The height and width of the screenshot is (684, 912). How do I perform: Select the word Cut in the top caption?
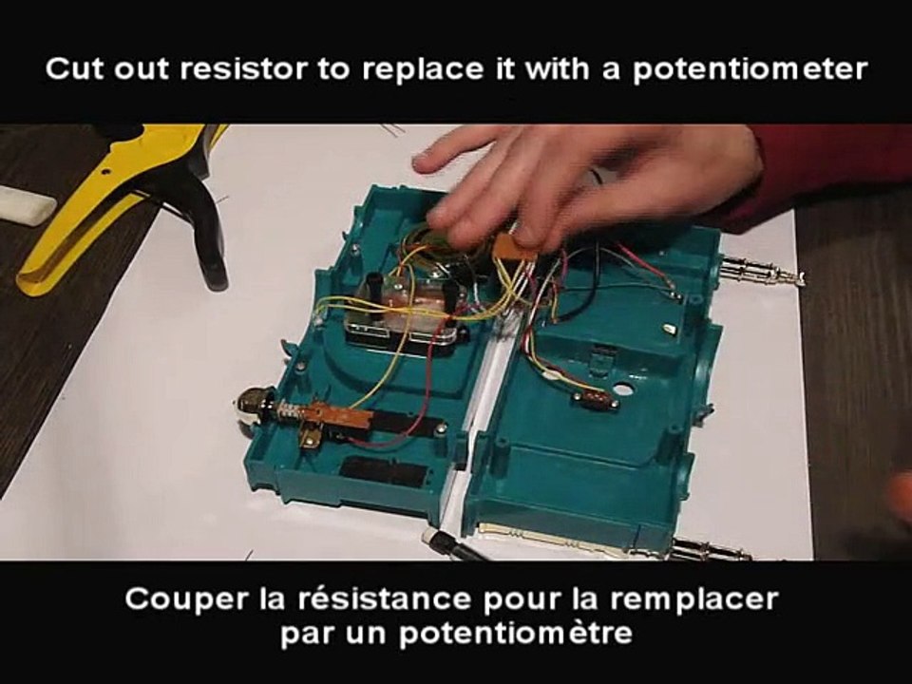point(75,69)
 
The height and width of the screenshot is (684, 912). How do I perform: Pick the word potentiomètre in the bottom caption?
point(514,634)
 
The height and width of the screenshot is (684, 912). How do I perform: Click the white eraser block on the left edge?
point(27,203)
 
